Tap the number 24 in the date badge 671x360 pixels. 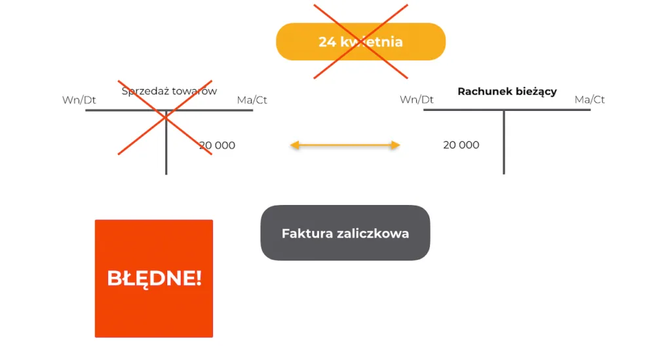point(326,42)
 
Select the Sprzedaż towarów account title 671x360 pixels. point(169,91)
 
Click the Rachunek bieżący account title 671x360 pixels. point(507,91)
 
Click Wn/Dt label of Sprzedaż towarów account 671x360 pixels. point(79,100)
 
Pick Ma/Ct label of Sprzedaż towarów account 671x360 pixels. point(252,100)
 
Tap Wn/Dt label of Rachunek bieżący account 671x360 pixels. point(417,100)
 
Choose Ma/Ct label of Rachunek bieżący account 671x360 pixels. point(590,100)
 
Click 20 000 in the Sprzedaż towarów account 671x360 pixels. point(217,146)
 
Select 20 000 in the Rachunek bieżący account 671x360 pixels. point(461,145)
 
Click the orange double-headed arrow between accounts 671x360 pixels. point(345,145)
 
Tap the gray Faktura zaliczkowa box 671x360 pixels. point(345,233)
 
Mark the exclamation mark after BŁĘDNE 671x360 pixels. point(199,278)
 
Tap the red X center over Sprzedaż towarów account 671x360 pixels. point(165,117)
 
